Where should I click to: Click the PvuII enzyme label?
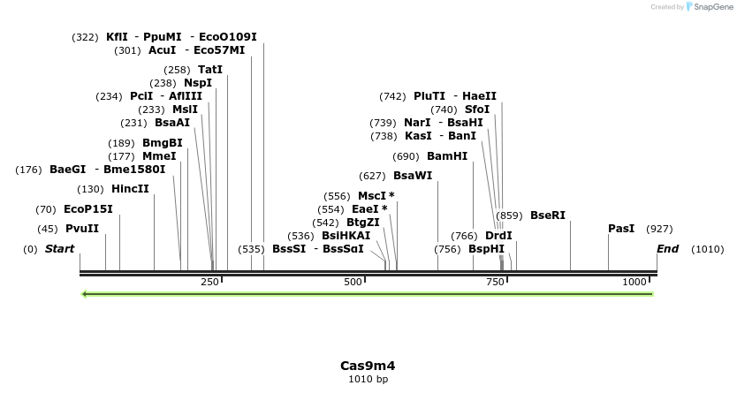tap(82, 229)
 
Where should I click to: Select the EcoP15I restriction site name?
tap(88, 209)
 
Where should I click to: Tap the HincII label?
tap(130, 189)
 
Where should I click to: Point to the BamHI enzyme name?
tap(447, 156)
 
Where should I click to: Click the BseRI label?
tap(548, 215)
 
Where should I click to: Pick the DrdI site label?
tap(498, 236)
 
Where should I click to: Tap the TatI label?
tap(210, 70)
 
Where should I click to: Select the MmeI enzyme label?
tap(159, 156)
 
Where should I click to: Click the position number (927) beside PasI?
tap(660, 229)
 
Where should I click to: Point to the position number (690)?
tap(405, 156)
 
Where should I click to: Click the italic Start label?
tap(60, 249)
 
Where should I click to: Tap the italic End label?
tap(667, 249)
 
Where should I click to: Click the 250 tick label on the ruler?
tap(209, 282)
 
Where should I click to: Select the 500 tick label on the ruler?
tap(353, 282)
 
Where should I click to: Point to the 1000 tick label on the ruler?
tap(634, 282)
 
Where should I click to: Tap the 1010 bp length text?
tap(368, 379)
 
